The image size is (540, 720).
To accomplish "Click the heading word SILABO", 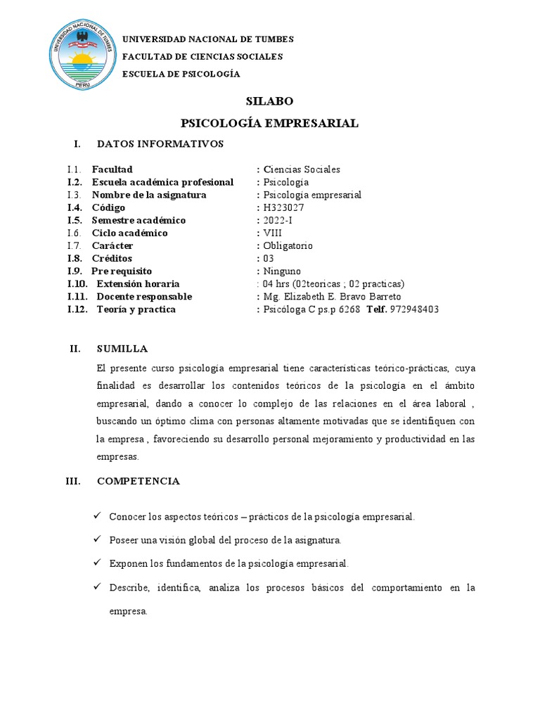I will coord(269,101).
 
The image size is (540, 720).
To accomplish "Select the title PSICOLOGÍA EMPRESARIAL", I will coord(269,123).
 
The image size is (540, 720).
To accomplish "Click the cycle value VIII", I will coord(271,233).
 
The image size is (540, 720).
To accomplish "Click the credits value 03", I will coord(268,258).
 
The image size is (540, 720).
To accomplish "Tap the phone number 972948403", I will coord(414,309).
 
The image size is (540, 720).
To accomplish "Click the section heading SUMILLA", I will coord(122,349).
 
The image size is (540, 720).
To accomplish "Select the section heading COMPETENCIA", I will coord(138,481).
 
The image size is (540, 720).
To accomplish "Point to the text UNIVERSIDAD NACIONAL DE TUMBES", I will coord(208,39).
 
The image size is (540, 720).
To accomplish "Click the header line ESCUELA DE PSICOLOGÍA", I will coord(181,74).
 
